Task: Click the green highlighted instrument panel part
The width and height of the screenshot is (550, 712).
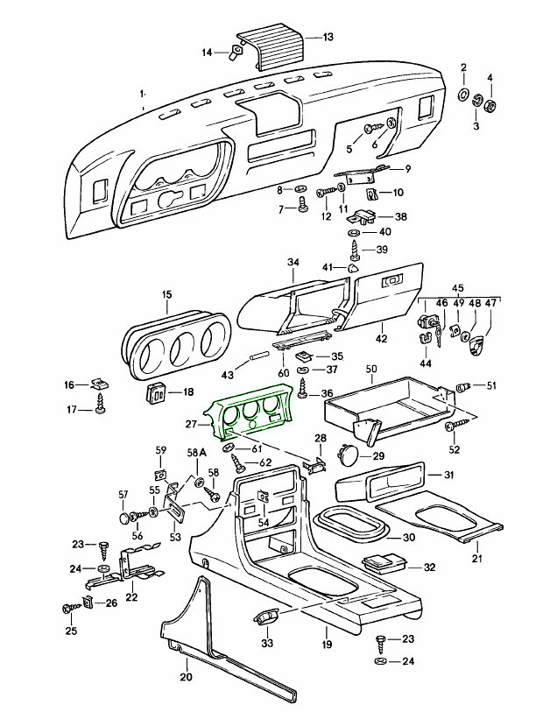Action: click(x=248, y=414)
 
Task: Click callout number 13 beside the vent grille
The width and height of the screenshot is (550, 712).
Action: click(x=328, y=37)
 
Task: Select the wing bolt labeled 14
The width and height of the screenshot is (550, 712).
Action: click(x=235, y=53)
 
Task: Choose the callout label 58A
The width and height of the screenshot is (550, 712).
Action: click(x=196, y=452)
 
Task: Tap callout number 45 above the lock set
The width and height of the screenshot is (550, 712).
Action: click(x=457, y=288)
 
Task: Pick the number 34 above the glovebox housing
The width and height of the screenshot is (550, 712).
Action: click(x=293, y=262)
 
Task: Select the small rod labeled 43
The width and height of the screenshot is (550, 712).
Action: click(x=258, y=358)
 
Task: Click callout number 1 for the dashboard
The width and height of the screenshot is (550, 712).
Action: click(x=142, y=92)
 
